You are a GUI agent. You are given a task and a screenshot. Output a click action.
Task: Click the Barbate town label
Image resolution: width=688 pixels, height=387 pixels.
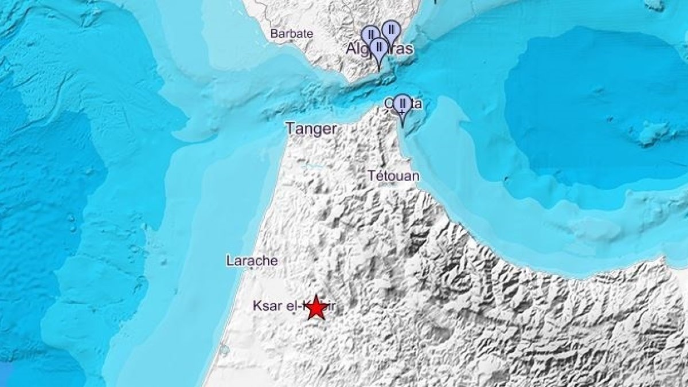(x=292, y=33)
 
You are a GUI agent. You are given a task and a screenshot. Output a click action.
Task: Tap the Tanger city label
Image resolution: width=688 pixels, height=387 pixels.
(x=311, y=129)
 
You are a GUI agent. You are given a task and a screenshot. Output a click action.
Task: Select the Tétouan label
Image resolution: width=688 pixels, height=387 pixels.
(x=394, y=176)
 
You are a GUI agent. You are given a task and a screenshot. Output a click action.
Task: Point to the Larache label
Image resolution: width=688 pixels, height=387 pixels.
(x=252, y=261)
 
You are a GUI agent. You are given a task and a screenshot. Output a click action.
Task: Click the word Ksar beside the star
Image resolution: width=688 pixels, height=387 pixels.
(x=266, y=306)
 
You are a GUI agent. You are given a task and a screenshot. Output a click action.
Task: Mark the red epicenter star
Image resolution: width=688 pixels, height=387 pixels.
(x=316, y=308)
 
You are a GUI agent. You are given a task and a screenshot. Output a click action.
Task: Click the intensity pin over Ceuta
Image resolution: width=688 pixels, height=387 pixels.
(x=402, y=104)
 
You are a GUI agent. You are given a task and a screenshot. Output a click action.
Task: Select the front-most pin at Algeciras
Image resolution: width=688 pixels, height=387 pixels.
(x=378, y=48)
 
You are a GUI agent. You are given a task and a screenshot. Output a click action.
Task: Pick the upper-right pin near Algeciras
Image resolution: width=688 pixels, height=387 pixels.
(x=391, y=29)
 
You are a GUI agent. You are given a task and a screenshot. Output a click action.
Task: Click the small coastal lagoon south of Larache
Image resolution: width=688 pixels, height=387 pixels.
(x=222, y=348)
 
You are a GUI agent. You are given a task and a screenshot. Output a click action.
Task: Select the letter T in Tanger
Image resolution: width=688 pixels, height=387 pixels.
(x=290, y=129)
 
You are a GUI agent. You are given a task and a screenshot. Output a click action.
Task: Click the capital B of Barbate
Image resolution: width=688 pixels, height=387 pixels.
(x=274, y=33)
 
